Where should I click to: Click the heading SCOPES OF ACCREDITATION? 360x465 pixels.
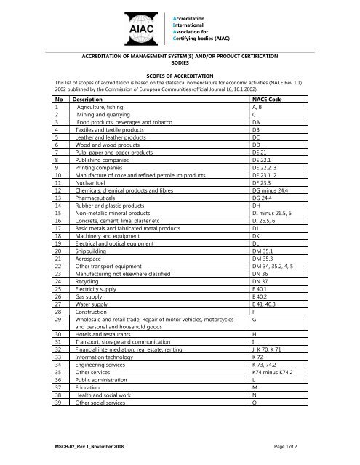coord(180,75)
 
